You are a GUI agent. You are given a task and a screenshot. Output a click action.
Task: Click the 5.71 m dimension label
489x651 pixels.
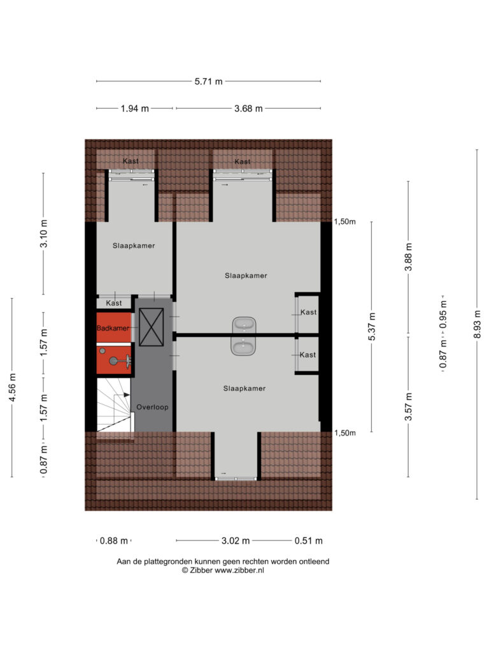[x=208, y=81]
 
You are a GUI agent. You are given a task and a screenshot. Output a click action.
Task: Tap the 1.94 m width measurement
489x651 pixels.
[x=135, y=109]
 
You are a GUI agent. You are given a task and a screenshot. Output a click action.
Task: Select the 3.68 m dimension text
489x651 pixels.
[x=248, y=109]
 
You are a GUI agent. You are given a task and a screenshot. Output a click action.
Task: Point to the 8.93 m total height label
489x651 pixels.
[x=477, y=324]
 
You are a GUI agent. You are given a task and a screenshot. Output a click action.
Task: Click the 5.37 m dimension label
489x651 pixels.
[x=372, y=327]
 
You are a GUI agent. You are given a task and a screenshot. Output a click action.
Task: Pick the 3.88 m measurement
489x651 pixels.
[x=408, y=257]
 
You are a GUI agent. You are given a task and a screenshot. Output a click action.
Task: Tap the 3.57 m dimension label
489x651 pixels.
[x=408, y=407]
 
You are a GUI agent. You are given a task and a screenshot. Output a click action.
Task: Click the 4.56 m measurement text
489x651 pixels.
[x=12, y=387]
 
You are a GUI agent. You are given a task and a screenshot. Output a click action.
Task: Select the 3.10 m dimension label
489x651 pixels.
[x=43, y=234]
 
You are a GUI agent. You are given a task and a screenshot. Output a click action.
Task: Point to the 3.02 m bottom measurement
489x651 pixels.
[x=236, y=540]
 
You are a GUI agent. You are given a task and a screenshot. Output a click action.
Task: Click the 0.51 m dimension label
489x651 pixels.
[x=309, y=540]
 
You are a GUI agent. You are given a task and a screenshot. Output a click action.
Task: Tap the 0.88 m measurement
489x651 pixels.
[x=114, y=541]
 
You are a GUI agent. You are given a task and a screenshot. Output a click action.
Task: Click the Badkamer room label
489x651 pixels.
[x=113, y=328]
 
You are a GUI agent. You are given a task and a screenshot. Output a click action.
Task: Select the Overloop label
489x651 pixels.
[x=152, y=408]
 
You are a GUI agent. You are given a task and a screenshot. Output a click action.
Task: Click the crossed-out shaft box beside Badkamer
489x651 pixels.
[x=152, y=327]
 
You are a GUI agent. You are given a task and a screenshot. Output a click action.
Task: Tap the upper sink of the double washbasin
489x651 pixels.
[x=244, y=324]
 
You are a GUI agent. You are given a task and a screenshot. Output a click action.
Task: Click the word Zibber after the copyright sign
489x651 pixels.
[x=201, y=570]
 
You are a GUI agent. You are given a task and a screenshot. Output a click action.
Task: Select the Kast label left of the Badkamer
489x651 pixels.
[x=113, y=303]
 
